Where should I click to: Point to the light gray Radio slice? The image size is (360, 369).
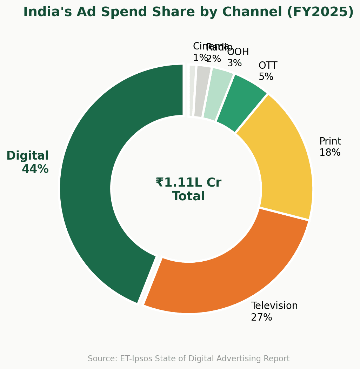point(202,91)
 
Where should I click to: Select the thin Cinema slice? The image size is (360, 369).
point(192,90)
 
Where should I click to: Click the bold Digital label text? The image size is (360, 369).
point(27,156)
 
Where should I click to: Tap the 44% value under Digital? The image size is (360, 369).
point(35,169)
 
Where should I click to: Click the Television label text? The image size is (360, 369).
point(274,306)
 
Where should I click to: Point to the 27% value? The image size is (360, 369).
point(261,317)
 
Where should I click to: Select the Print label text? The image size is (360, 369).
point(330,141)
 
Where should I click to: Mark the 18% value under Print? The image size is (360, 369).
point(329,153)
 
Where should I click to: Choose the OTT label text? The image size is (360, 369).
point(268,66)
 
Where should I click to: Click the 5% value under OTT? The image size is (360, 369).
point(266,77)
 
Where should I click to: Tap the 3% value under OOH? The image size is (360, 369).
point(234,63)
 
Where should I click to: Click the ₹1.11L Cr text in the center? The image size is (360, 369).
point(188,183)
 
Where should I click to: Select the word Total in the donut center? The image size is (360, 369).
point(188,196)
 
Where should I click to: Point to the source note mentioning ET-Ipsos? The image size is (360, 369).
point(188,359)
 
